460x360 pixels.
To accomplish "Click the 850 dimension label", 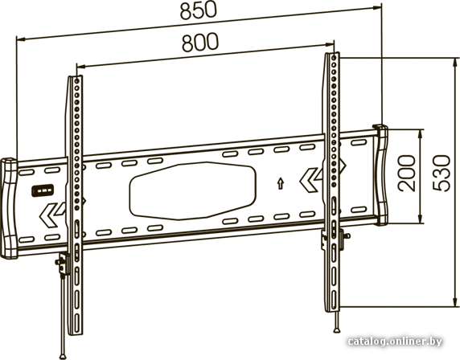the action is [199, 10].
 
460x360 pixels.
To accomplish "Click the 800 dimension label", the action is [200, 43].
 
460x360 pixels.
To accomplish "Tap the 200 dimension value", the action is [407, 174].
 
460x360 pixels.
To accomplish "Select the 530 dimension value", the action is [442, 174].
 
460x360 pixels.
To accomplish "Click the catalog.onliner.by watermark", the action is [395, 342].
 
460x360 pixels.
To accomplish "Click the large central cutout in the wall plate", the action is [192, 190].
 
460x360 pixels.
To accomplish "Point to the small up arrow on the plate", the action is [281, 183].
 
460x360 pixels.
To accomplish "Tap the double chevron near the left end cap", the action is [51, 215].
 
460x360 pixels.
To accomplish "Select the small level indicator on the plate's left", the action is [43, 190].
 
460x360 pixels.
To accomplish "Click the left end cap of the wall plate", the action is [9, 208].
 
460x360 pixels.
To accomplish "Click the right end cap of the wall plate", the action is [380, 175].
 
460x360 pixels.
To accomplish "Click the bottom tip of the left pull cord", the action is [63, 357].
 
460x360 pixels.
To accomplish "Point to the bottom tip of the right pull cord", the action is [337, 330].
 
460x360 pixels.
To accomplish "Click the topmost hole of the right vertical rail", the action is [333, 58].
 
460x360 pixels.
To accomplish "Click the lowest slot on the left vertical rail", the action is [76, 324].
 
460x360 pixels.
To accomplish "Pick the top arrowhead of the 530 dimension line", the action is [455, 62].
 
